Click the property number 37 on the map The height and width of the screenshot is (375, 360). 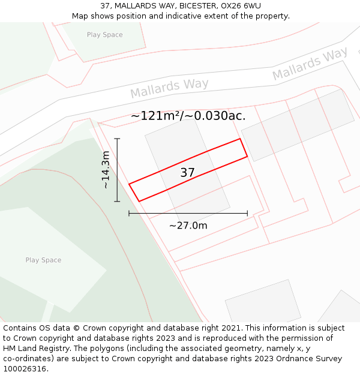pyautogui.click(x=187, y=173)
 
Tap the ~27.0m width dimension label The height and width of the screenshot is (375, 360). pyautogui.click(x=188, y=226)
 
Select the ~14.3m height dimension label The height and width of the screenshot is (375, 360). pyautogui.click(x=106, y=170)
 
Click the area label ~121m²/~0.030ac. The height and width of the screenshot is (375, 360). pyautogui.click(x=188, y=116)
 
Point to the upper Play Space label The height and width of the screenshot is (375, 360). pyautogui.click(x=104, y=35)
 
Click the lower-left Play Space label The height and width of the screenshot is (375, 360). pyautogui.click(x=43, y=260)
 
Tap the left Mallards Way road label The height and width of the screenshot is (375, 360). pyautogui.click(x=169, y=88)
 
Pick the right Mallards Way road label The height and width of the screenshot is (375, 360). pyautogui.click(x=310, y=65)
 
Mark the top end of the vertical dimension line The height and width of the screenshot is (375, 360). pyautogui.click(x=117, y=139)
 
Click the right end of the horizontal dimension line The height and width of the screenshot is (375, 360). pyautogui.click(x=247, y=213)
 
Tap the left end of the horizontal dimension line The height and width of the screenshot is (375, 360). pyautogui.click(x=129, y=213)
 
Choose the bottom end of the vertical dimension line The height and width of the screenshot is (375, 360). pyautogui.click(x=117, y=202)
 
